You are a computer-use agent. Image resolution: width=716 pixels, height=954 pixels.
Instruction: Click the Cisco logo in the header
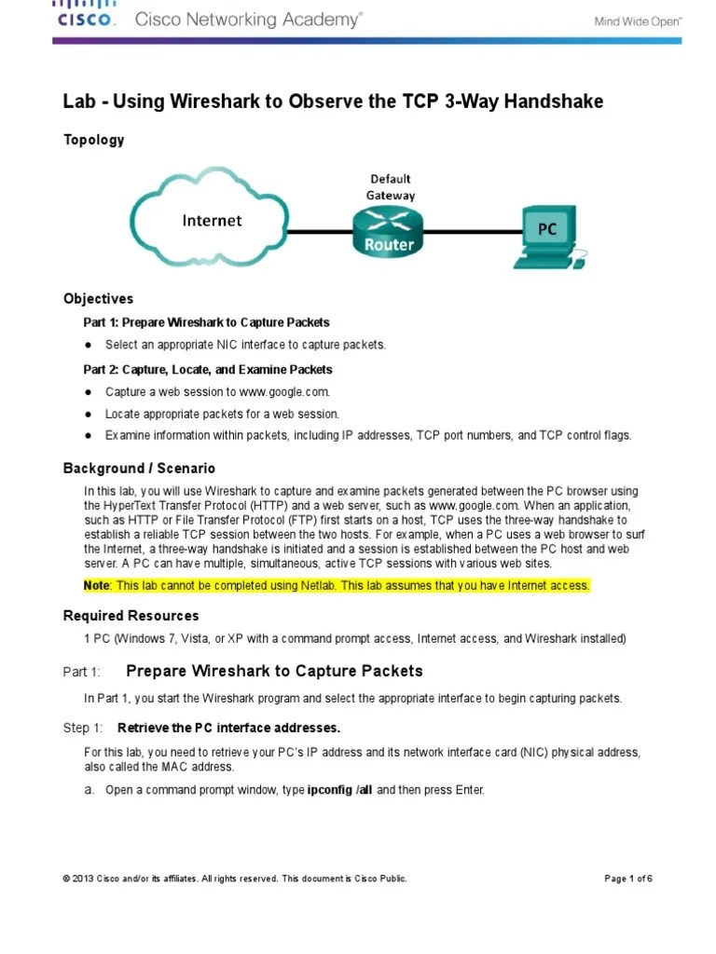tap(86, 15)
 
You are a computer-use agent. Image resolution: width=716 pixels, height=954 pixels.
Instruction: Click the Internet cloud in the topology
tap(210, 221)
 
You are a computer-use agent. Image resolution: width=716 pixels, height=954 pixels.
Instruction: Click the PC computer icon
tap(548, 235)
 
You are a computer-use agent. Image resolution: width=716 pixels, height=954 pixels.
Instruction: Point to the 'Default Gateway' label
tap(390, 186)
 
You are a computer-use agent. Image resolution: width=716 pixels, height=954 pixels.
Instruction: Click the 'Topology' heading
tap(93, 140)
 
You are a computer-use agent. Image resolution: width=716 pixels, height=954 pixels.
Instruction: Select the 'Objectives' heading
tap(98, 299)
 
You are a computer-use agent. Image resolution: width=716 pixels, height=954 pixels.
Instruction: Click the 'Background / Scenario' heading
tap(139, 468)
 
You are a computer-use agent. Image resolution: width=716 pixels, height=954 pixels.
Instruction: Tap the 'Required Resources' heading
tap(131, 616)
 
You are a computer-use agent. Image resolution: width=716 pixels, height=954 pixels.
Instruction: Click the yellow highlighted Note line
tap(337, 585)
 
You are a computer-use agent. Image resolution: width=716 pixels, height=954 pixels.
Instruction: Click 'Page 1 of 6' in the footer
tap(628, 879)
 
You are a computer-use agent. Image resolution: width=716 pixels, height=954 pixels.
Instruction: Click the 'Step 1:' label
tap(82, 727)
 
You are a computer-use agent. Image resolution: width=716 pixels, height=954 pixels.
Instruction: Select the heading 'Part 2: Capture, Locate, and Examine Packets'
tap(208, 369)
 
